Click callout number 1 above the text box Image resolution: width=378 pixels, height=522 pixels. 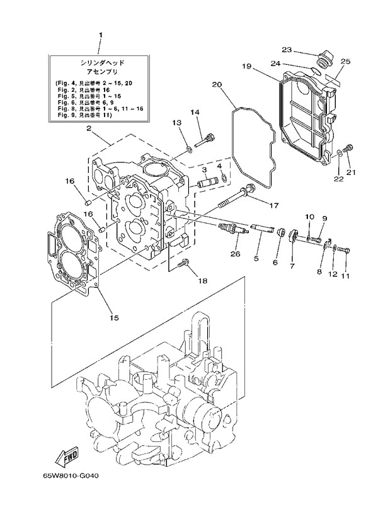click(100, 35)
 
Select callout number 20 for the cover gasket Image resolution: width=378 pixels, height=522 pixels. click(216, 84)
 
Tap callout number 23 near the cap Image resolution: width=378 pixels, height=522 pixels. click(286, 49)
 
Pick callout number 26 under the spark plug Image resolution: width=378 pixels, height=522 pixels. click(235, 254)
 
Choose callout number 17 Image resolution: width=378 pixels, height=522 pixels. click(274, 205)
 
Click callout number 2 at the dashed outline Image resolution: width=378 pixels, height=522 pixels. click(89, 128)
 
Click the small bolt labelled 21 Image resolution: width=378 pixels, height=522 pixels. click(351, 149)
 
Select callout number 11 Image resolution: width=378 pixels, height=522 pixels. click(345, 275)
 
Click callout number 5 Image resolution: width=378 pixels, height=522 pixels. click(256, 258)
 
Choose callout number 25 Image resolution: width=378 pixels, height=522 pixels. click(345, 61)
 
